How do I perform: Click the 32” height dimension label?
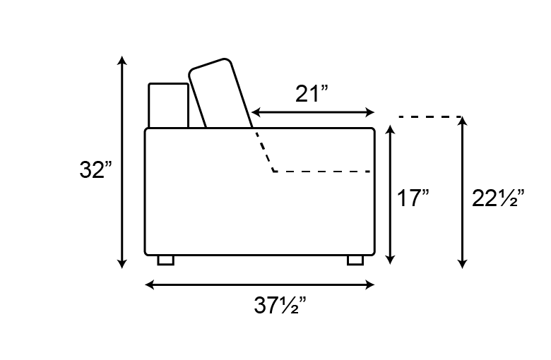(95, 170)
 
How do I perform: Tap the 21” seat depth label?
(312, 94)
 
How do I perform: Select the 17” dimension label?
(413, 198)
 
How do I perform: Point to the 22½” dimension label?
(498, 198)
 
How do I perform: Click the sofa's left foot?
(166, 260)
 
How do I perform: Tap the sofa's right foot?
(355, 260)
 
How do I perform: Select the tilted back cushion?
(220, 93)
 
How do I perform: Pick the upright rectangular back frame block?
(169, 106)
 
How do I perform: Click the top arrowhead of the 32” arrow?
(122, 60)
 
